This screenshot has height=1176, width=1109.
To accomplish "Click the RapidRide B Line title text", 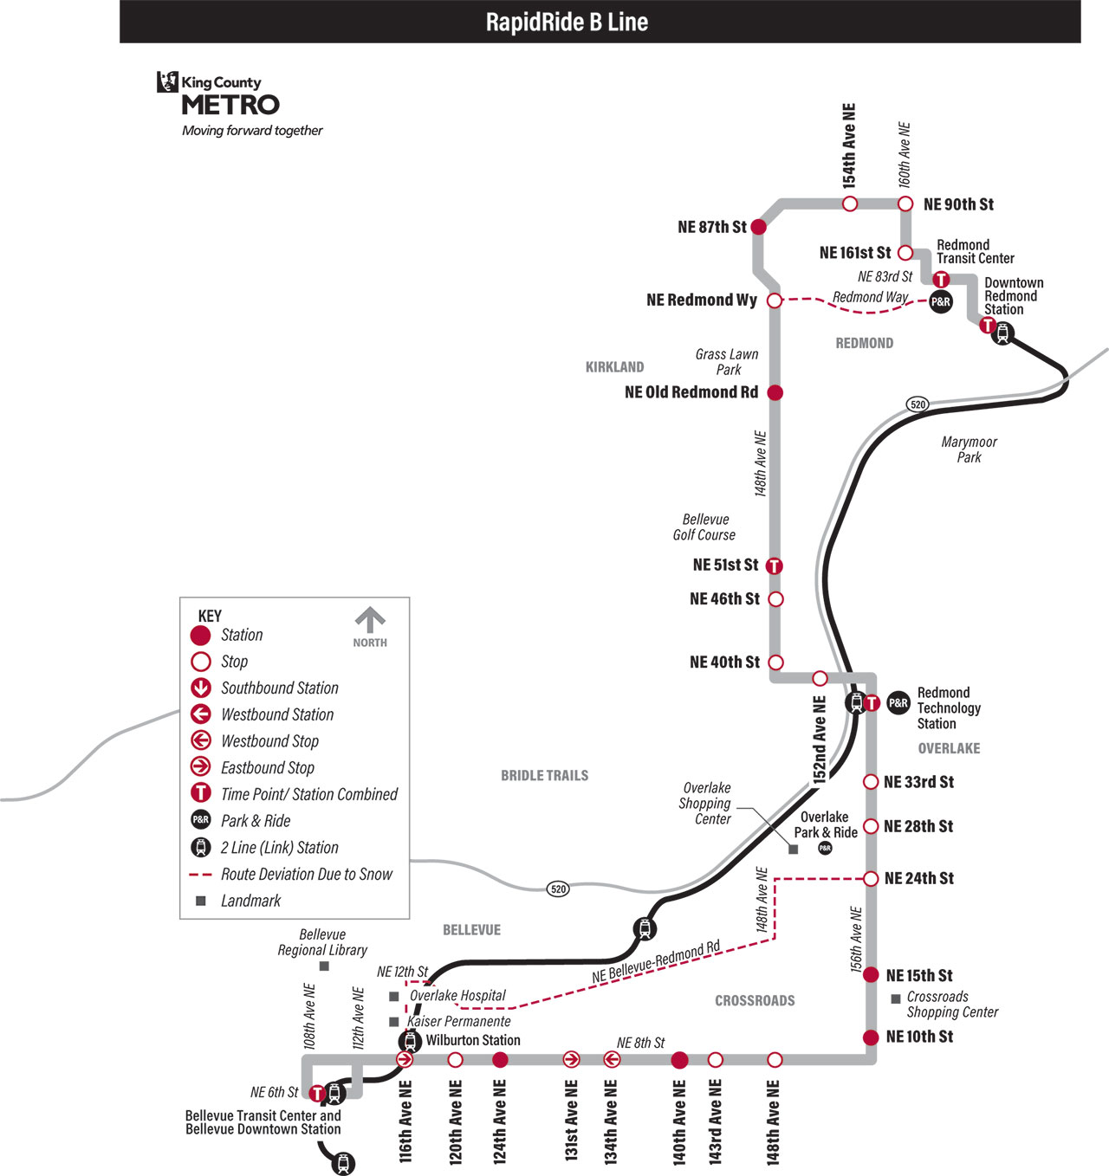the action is click(567, 23).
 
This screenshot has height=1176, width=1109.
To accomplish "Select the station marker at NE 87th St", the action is click(758, 227).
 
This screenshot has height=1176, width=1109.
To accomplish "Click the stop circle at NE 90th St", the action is click(905, 204).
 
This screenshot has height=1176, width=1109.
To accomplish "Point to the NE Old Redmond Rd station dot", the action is click(775, 392).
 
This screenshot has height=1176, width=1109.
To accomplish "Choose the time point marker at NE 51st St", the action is click(774, 566).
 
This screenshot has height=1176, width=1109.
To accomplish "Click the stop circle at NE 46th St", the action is click(775, 599).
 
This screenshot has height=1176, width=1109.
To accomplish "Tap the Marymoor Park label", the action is click(970, 449).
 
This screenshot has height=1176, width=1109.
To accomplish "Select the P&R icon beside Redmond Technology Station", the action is click(898, 703).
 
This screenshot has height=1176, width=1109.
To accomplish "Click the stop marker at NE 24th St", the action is click(870, 879).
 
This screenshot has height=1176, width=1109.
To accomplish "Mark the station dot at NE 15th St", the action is click(870, 975).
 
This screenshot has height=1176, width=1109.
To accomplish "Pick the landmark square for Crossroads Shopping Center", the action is click(896, 999).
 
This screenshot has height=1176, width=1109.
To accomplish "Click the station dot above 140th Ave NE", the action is click(679, 1060).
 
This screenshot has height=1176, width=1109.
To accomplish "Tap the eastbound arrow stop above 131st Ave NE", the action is click(571, 1059).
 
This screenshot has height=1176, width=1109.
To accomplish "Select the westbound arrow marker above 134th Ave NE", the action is click(612, 1059).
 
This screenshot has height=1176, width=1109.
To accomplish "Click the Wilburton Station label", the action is click(473, 1040).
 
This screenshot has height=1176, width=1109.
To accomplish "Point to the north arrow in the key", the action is click(370, 620).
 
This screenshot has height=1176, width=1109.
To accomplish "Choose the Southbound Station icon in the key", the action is click(200, 688).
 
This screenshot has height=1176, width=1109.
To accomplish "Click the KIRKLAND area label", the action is click(614, 367).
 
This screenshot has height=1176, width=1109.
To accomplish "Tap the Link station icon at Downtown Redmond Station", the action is click(1002, 333).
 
